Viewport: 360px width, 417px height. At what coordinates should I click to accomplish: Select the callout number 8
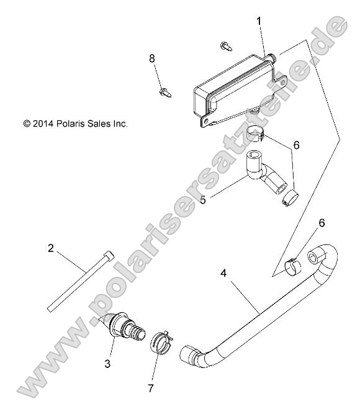[x=151, y=59]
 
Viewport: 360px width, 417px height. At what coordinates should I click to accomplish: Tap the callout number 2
[x=51, y=248]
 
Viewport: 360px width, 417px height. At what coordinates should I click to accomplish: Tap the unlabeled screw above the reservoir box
[x=225, y=45]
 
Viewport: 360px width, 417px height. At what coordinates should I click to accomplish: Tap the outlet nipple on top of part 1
[x=270, y=56]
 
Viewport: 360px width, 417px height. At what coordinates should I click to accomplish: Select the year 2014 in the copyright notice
[x=43, y=124]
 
